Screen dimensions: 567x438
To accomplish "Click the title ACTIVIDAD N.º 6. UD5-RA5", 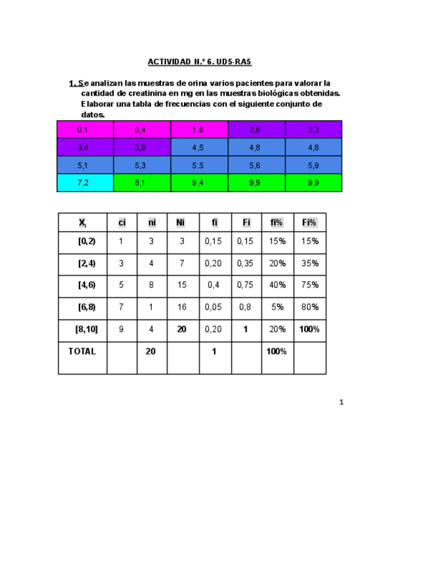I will click(x=199, y=62).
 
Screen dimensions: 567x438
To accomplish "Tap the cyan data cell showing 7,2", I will click(x=84, y=183).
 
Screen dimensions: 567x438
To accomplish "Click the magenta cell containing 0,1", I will click(x=84, y=129).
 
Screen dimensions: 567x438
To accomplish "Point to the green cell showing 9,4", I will click(x=198, y=183).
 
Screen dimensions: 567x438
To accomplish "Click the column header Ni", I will click(x=181, y=223).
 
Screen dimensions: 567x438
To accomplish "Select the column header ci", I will click(x=122, y=223).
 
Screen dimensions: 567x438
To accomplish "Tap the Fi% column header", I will click(x=310, y=223).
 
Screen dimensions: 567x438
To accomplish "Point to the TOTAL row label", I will click(x=82, y=351).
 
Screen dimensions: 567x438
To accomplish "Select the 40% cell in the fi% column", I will click(x=277, y=285).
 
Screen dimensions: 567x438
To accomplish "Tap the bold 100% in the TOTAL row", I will click(x=277, y=351).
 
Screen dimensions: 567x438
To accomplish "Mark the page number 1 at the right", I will click(x=341, y=402).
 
